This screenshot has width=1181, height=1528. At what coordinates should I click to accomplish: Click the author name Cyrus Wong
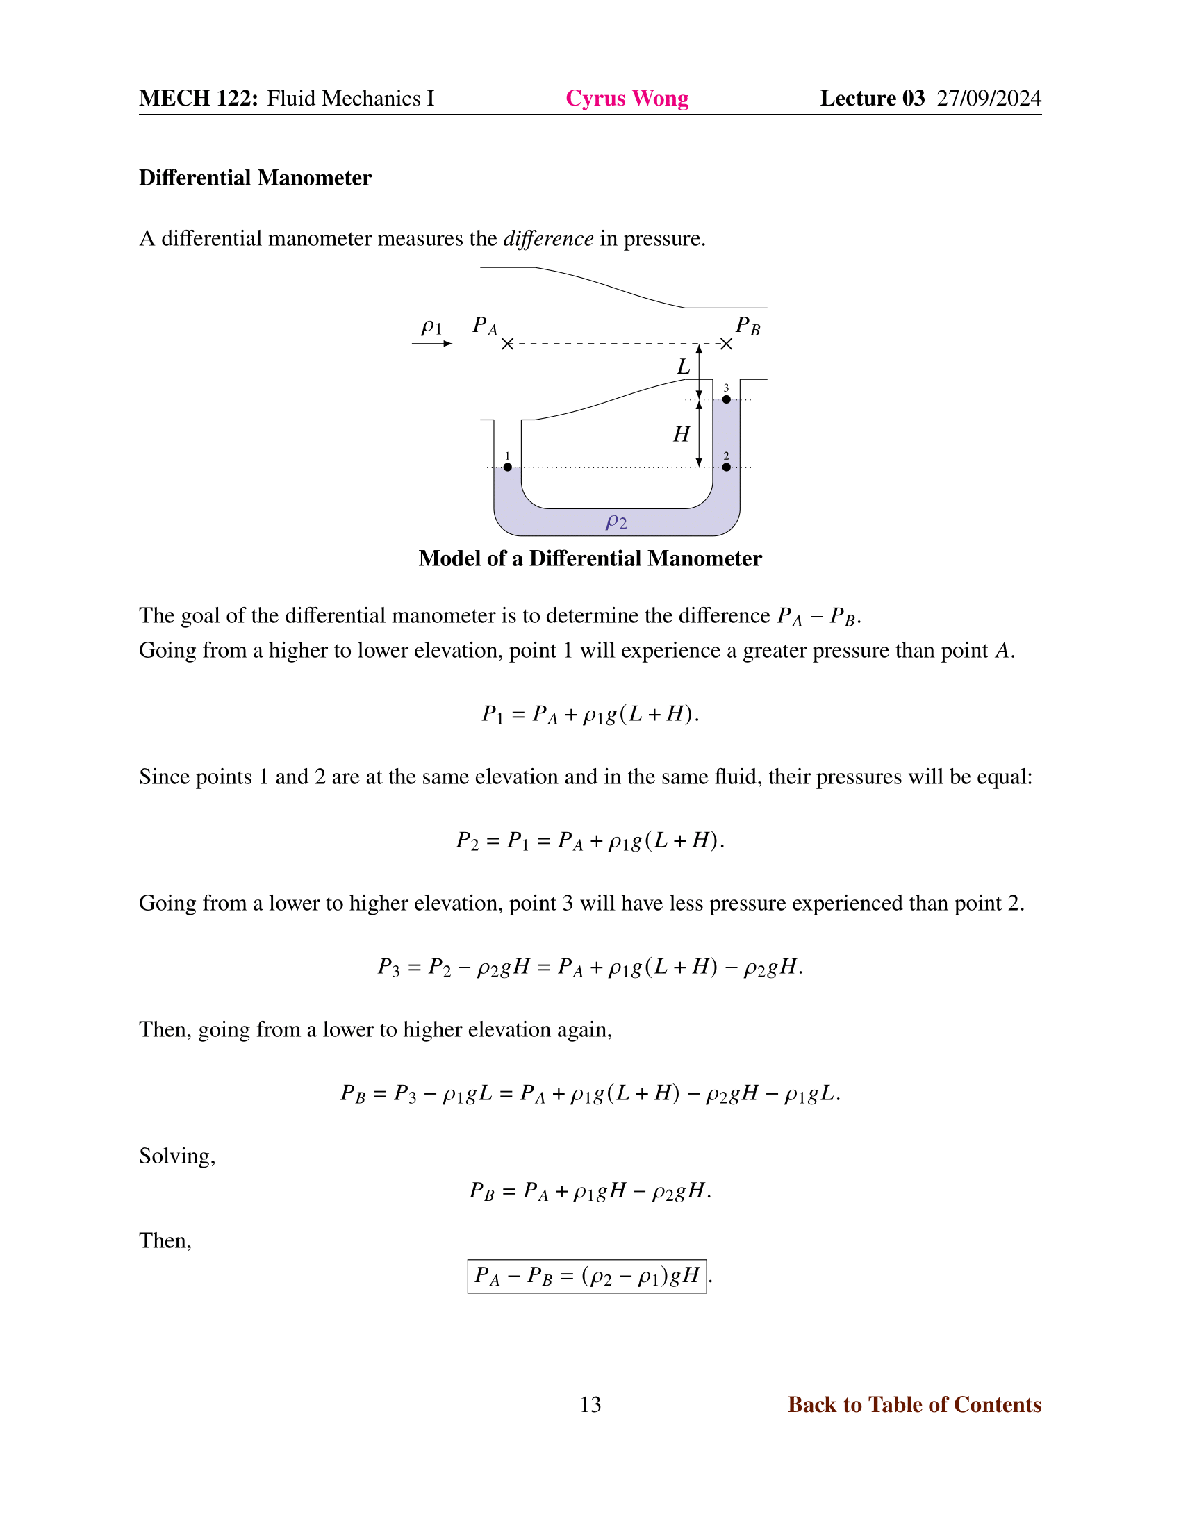(x=627, y=99)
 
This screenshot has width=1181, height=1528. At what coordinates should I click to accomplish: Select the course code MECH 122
(x=199, y=99)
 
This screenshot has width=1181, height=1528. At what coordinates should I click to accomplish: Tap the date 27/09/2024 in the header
(x=989, y=99)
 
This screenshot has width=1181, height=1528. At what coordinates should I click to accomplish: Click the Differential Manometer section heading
(x=255, y=178)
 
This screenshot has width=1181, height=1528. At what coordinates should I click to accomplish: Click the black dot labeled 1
(x=508, y=467)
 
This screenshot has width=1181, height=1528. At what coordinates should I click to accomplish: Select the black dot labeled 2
(x=726, y=467)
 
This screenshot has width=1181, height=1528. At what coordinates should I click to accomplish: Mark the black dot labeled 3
(x=726, y=399)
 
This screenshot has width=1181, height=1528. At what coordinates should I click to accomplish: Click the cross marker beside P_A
(x=508, y=344)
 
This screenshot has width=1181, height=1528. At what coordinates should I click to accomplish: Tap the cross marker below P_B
(x=726, y=344)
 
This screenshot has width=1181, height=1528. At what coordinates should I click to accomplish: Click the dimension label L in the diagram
(x=684, y=367)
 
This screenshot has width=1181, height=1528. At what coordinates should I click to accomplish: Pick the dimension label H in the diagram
(x=682, y=435)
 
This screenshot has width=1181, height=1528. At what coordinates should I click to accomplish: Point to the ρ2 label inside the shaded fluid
(x=616, y=521)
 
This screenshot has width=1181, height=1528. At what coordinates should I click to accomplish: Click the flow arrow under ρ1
(x=432, y=344)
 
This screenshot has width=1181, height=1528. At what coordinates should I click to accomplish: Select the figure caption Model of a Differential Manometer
(x=590, y=558)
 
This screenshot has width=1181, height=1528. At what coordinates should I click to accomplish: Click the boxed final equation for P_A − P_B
(x=587, y=1275)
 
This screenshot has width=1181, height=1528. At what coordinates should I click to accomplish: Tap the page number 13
(x=590, y=1404)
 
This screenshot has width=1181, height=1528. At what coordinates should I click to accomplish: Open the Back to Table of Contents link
(x=914, y=1404)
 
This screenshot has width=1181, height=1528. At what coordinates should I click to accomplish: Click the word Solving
(x=177, y=1156)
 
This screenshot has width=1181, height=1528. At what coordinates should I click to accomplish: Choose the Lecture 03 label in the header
(x=872, y=99)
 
